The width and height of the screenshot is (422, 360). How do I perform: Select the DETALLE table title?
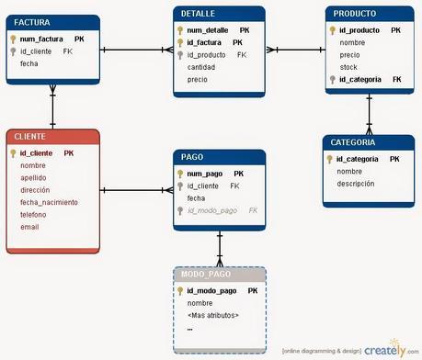coord(220,16)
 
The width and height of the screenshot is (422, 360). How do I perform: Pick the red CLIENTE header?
coord(51,137)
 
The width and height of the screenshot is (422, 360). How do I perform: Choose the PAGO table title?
coord(220,157)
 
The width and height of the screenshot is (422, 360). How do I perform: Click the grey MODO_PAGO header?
coord(220,275)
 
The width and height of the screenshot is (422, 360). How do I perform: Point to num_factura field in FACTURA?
coord(42,39)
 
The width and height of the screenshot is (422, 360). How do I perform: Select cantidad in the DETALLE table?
coord(203,67)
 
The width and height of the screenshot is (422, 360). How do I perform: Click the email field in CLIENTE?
coord(29,226)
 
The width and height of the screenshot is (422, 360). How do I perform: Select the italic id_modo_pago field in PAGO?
coord(213,210)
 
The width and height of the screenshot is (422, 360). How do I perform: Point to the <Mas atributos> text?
coord(212,315)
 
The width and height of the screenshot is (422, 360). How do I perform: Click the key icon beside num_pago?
coord(181,174)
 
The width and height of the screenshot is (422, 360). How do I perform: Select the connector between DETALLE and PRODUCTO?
coord(295,51)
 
